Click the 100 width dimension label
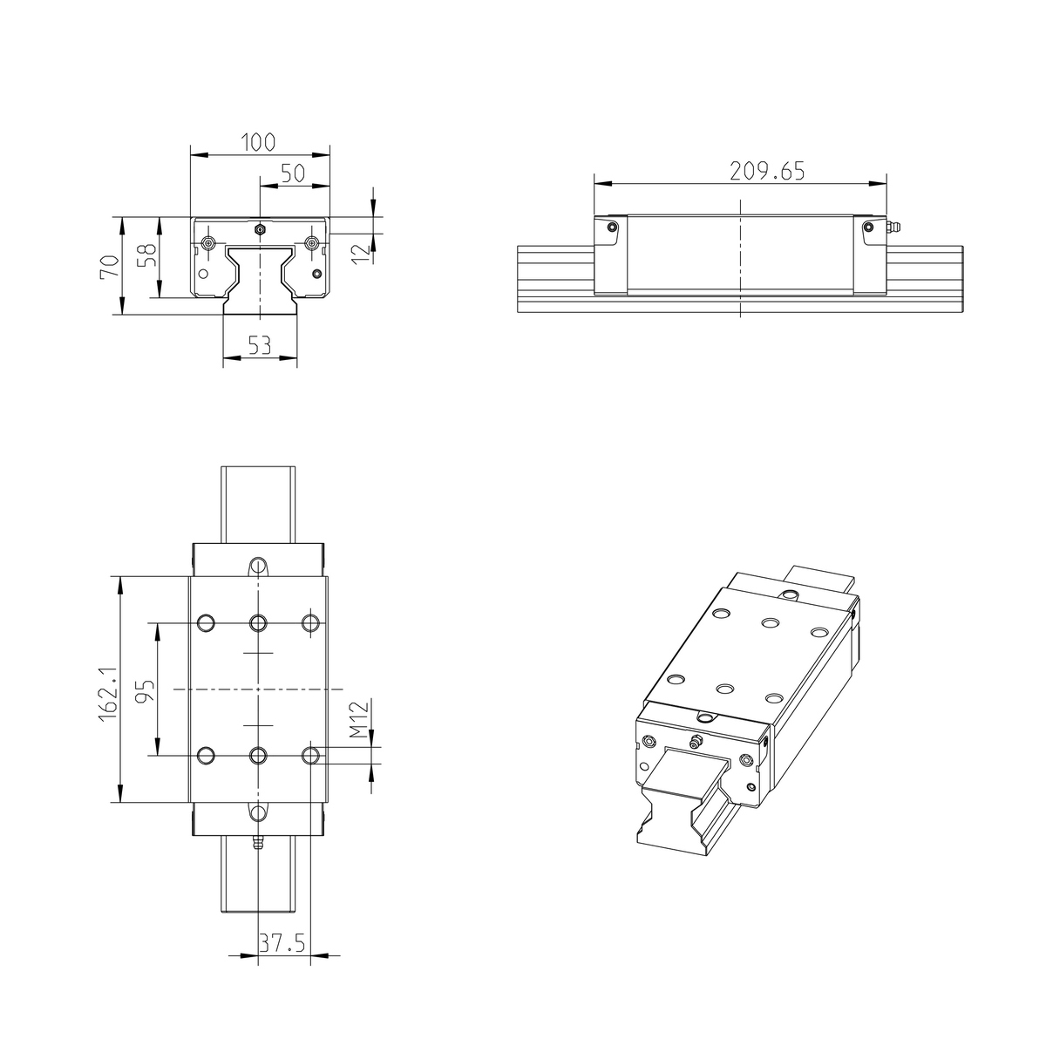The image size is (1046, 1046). coord(259,141)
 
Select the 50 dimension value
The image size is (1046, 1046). coord(292,173)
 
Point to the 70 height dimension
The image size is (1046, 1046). coord(109,266)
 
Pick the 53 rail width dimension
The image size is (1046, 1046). coord(259,346)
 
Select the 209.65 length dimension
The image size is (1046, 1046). coord(766,171)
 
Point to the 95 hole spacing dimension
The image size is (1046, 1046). coord(146,691)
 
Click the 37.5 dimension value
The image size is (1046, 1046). coord(284,943)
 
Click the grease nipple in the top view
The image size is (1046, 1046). coord(258,843)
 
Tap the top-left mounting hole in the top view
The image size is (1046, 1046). coord(207,622)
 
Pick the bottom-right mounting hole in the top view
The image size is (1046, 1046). coord(310,755)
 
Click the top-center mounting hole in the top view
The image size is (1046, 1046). coord(258,622)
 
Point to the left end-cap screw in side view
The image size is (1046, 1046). coord(612,228)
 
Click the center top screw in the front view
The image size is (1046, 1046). coord(259,229)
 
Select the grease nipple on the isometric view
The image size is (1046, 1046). coord(695,742)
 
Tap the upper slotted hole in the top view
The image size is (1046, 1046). coord(258,567)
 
